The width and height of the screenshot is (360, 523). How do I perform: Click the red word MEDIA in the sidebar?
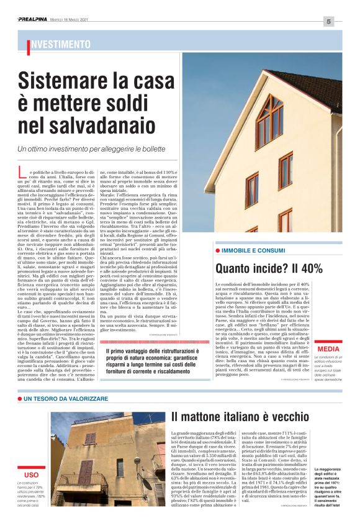point(328,349)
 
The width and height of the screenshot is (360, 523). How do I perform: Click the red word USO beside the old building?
point(32,475)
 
